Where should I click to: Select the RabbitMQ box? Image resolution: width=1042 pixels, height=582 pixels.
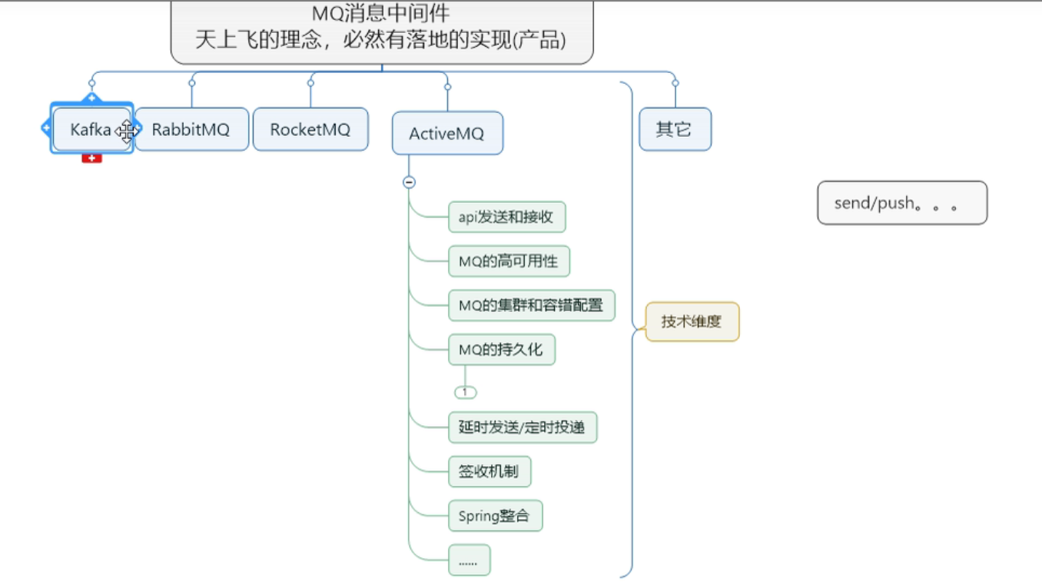tap(191, 129)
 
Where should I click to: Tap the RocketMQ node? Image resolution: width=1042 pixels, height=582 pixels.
tap(310, 129)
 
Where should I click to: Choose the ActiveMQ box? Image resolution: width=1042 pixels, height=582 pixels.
tap(446, 134)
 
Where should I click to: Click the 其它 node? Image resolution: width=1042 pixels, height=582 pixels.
tap(674, 129)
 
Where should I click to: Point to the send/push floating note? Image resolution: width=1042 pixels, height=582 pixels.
tap(901, 203)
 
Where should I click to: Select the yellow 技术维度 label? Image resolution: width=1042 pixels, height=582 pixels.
tap(692, 321)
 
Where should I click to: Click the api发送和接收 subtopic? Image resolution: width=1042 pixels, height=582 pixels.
tap(506, 217)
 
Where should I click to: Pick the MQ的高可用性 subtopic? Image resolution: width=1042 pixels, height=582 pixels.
tap(508, 261)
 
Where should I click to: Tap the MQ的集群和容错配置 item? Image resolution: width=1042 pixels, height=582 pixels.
tap(531, 305)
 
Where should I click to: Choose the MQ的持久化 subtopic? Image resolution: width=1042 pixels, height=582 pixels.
tap(500, 350)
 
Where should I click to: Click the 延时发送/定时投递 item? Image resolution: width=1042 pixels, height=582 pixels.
tap(522, 427)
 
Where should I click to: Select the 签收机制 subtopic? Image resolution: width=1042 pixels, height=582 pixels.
tap(489, 471)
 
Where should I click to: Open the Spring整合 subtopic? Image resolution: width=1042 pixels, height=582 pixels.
tap(494, 516)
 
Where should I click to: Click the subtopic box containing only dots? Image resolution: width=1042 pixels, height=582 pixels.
tap(468, 560)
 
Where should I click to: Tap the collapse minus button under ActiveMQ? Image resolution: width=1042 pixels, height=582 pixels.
tap(409, 182)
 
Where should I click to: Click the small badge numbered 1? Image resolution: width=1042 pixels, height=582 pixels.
tap(465, 392)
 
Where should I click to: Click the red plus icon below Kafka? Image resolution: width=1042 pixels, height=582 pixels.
tap(91, 158)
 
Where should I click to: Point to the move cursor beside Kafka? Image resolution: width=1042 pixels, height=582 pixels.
tap(127, 131)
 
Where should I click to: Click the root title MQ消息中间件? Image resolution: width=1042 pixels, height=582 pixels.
tap(381, 13)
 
